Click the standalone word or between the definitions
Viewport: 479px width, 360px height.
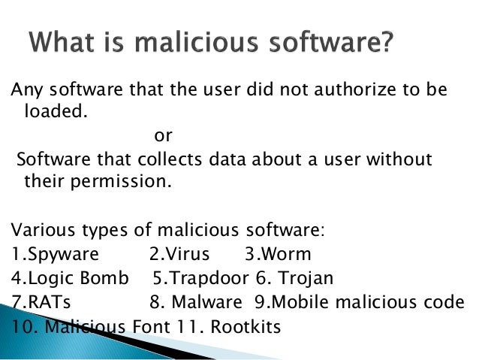click(162, 137)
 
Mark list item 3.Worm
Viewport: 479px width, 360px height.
click(278, 253)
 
